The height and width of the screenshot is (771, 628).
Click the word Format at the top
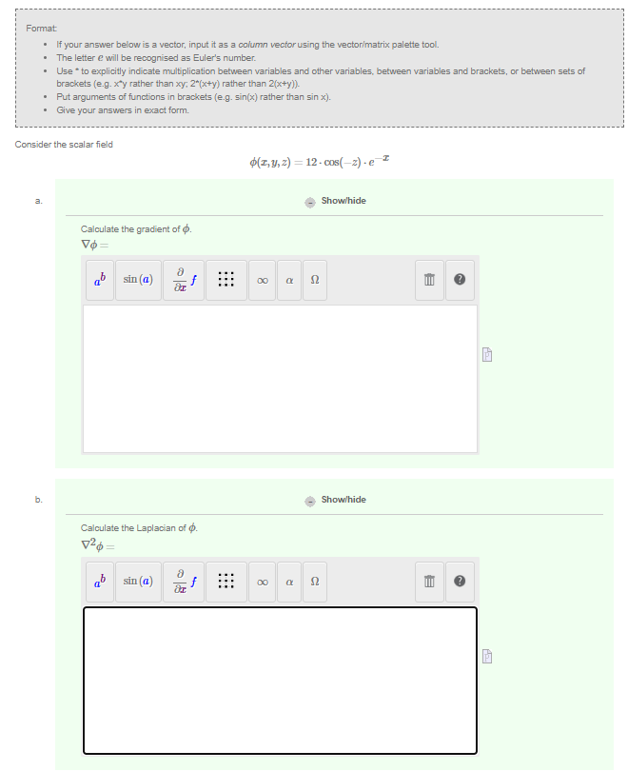[40, 30]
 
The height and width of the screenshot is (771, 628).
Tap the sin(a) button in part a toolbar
[139, 280]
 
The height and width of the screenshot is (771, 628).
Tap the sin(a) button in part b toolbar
[139, 580]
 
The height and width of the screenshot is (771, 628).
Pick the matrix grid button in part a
[226, 280]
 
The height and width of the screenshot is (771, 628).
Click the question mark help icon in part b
[460, 580]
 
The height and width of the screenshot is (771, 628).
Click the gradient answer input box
[280, 379]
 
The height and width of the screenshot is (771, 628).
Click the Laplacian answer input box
[280, 679]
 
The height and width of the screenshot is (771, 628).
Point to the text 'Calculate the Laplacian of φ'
[139, 527]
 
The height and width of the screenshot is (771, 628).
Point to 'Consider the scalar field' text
[64, 145]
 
